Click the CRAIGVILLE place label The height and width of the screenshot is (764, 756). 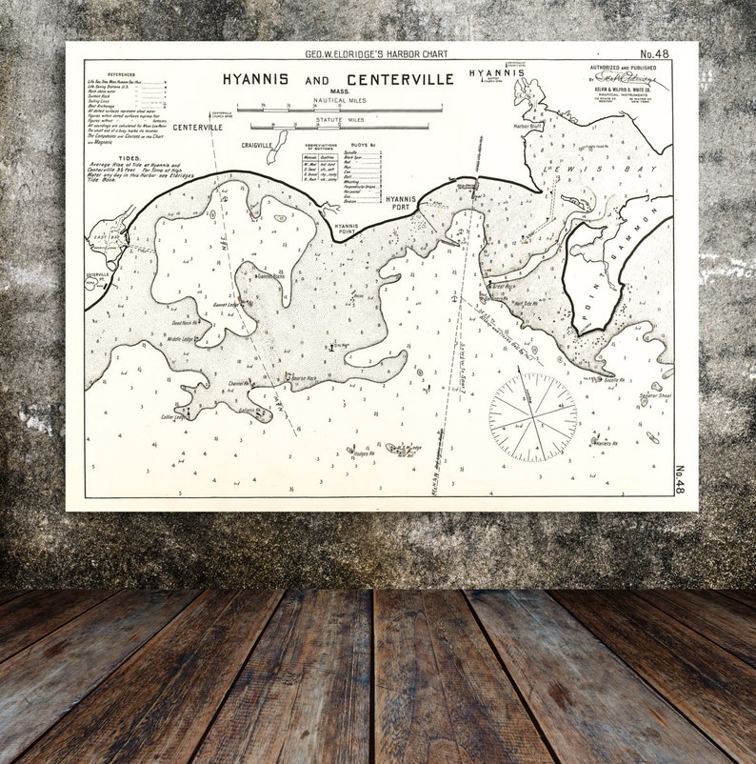point(257,145)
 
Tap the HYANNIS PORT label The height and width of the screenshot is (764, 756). point(402,202)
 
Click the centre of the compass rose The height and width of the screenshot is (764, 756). point(532,417)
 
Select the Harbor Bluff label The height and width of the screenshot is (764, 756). point(527,126)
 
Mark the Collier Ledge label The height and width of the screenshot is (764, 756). point(174,416)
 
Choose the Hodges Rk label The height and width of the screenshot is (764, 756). point(362,453)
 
